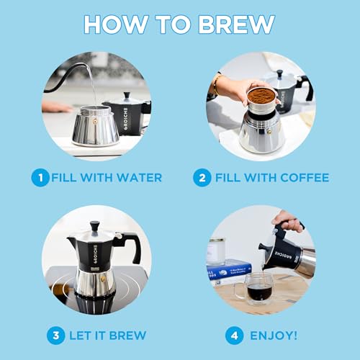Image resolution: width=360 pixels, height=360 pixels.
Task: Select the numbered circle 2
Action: pyautogui.click(x=204, y=177)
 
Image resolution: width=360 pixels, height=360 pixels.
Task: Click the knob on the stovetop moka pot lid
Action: pyautogui.click(x=94, y=226)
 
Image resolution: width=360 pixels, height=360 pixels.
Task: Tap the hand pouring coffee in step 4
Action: pyautogui.click(x=289, y=220)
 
